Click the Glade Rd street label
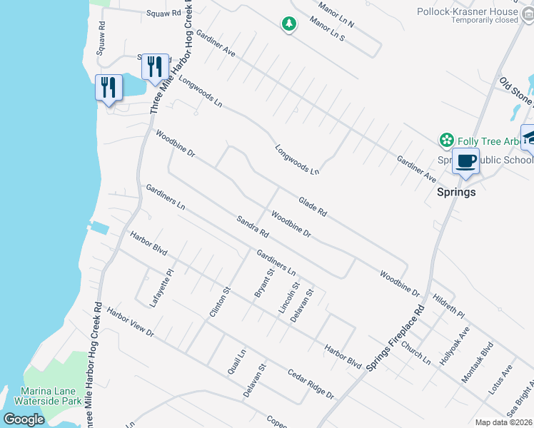click(312, 207)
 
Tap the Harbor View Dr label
click(130, 322)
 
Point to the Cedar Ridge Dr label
click(311, 384)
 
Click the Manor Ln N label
click(331, 14)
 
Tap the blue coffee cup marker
click(466, 161)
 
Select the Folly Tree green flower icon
click(447, 140)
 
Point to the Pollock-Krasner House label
click(478, 12)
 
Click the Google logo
click(24, 419)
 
